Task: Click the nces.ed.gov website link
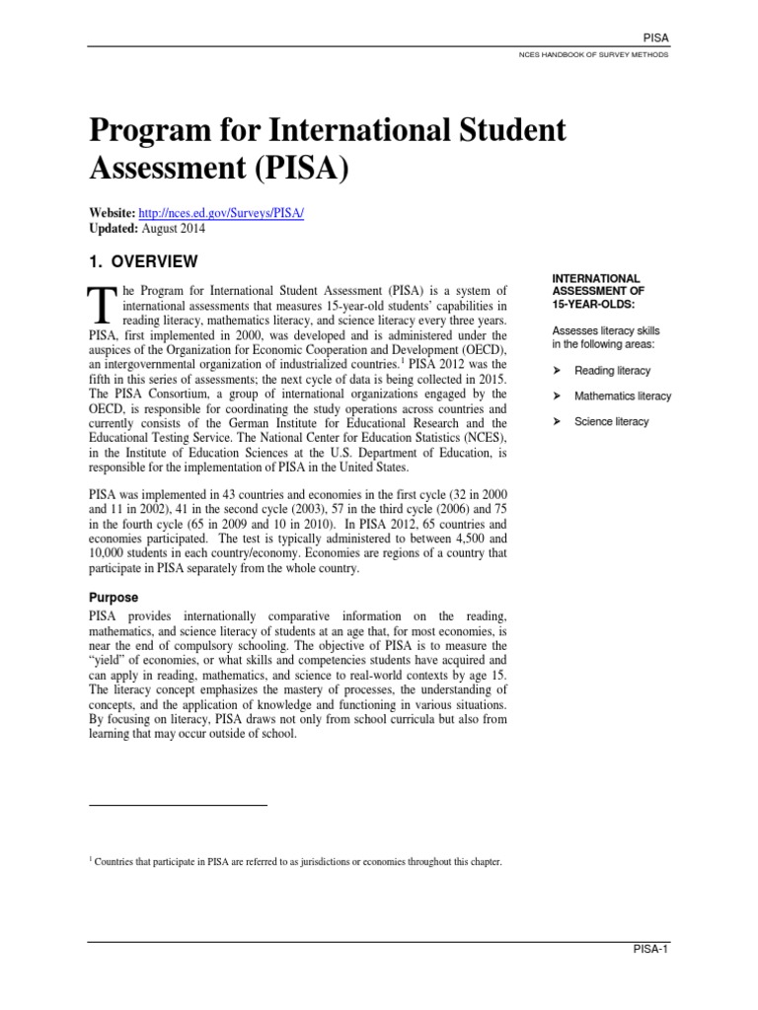click(x=223, y=214)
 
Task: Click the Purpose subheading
click(x=114, y=598)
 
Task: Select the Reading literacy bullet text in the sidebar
click(x=612, y=371)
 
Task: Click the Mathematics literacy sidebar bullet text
click(x=622, y=397)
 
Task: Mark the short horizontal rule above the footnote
click(x=178, y=806)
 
